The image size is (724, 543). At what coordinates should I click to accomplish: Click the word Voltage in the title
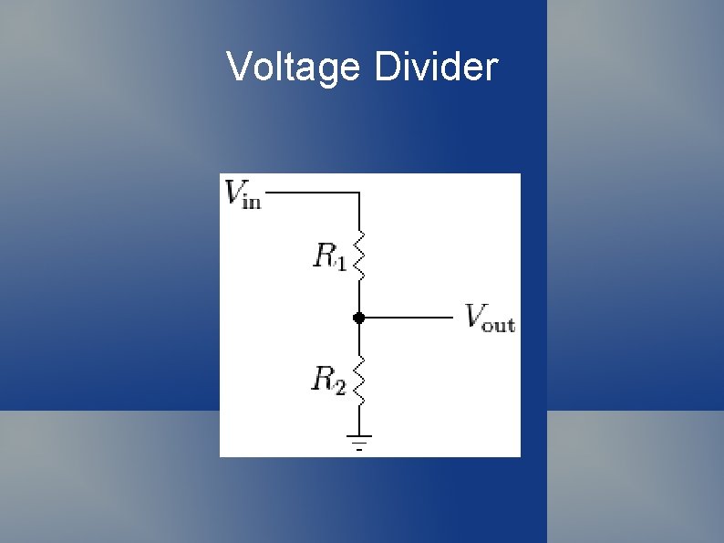(293, 68)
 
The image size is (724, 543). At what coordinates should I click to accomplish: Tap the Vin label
(243, 193)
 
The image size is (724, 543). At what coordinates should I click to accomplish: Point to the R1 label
(329, 256)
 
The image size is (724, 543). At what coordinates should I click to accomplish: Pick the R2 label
(329, 379)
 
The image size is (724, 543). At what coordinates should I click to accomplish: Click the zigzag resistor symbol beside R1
(359, 256)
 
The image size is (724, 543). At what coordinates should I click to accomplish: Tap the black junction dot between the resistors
(359, 318)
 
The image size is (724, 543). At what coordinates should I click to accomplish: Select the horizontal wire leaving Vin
(310, 193)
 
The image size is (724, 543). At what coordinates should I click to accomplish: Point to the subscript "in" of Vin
(252, 200)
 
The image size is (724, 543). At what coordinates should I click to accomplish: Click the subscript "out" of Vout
(499, 324)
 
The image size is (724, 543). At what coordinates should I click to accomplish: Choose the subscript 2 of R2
(340, 386)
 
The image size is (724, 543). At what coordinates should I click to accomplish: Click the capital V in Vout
(474, 315)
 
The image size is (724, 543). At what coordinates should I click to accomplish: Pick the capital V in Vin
(233, 191)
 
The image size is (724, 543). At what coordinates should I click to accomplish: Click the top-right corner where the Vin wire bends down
(359, 193)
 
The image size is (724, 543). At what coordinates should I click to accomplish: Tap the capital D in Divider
(387, 68)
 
